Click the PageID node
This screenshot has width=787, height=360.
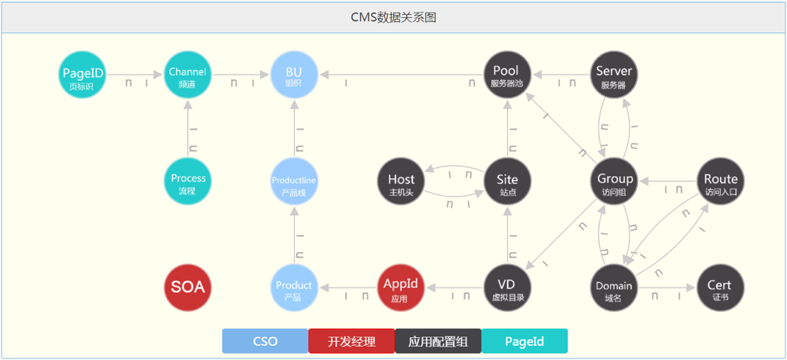point(83,78)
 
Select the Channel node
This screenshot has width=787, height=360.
point(188,77)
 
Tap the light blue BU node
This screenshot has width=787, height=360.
point(293,77)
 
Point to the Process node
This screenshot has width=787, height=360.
point(188,182)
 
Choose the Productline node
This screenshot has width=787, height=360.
point(293,184)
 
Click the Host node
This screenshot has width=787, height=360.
point(401,184)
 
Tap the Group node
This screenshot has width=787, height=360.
point(615,184)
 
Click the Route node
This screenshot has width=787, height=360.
point(721,184)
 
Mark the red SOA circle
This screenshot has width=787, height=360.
point(188,288)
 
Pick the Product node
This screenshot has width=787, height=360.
point(293,289)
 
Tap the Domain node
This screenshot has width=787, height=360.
point(613,289)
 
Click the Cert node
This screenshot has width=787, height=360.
point(719,289)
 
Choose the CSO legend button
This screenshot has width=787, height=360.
point(265,341)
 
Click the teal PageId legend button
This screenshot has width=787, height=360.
point(524,341)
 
